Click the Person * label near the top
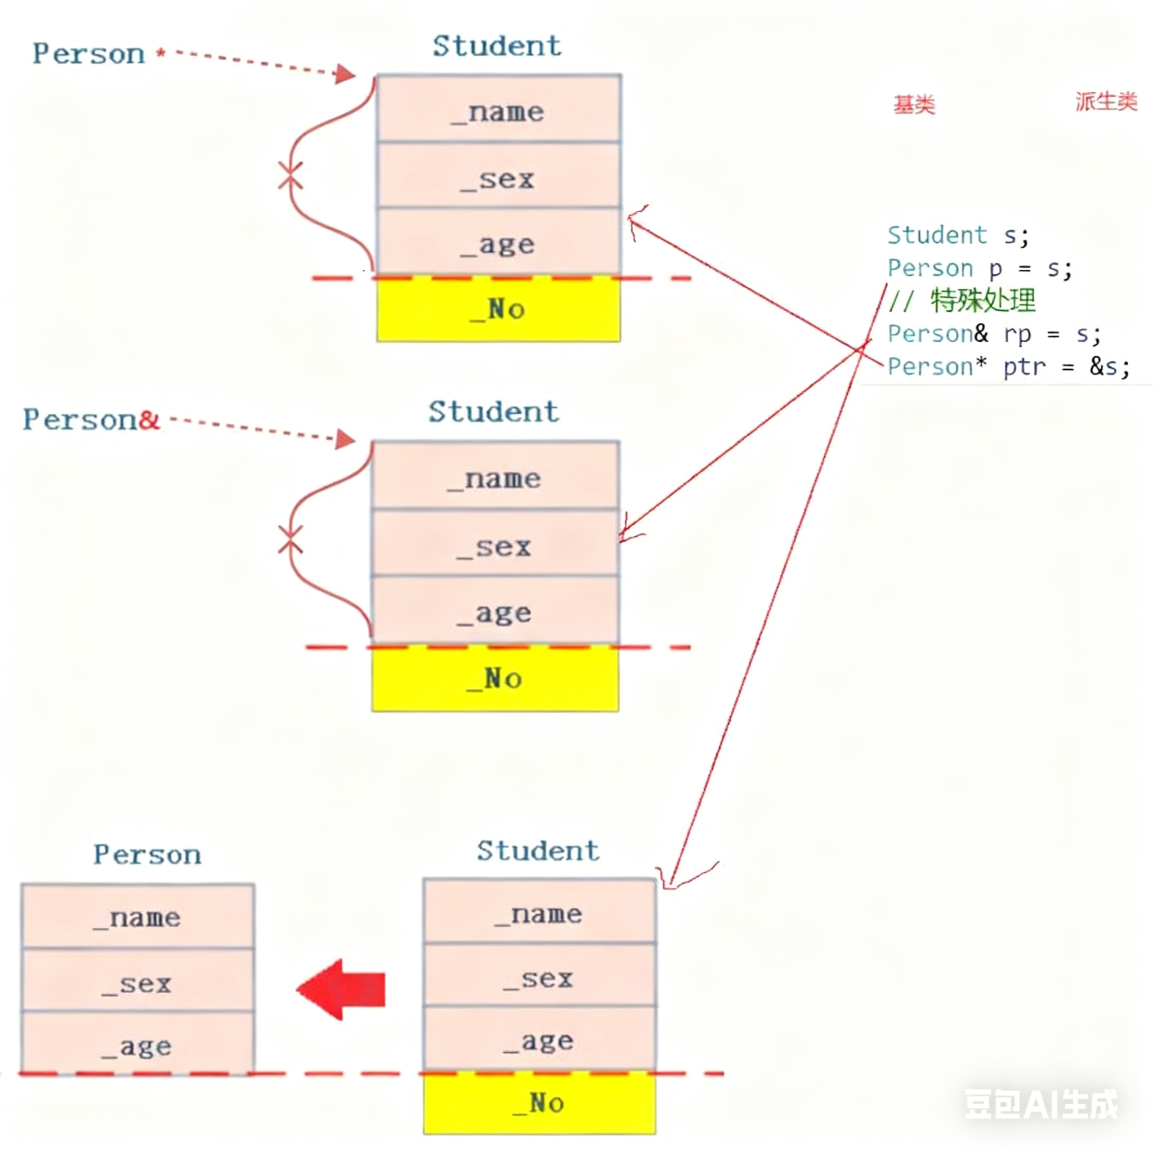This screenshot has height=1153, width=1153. (x=99, y=54)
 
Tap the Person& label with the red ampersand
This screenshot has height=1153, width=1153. (x=91, y=420)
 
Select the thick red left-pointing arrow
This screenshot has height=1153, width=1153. (x=341, y=990)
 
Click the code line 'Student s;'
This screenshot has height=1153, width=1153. (x=958, y=235)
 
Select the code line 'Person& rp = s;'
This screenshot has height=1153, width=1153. (x=994, y=334)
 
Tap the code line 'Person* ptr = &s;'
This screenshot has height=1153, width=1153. (x=1008, y=367)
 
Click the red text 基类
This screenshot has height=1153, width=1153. (x=914, y=105)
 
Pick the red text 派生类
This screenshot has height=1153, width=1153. (x=1106, y=101)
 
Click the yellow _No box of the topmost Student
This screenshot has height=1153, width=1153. (x=498, y=310)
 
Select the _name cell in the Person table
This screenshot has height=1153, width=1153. (x=137, y=917)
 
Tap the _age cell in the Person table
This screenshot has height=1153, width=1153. (x=137, y=1045)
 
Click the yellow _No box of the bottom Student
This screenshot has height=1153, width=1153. (x=539, y=1103)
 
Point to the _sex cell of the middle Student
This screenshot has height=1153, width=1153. (x=495, y=546)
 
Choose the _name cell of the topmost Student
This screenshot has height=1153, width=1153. (x=498, y=111)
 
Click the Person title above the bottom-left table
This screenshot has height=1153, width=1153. (x=147, y=855)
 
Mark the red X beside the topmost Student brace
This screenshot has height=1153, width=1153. (x=291, y=176)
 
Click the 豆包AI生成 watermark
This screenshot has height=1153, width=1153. (x=1041, y=1103)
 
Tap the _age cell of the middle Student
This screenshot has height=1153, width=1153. (x=495, y=613)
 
